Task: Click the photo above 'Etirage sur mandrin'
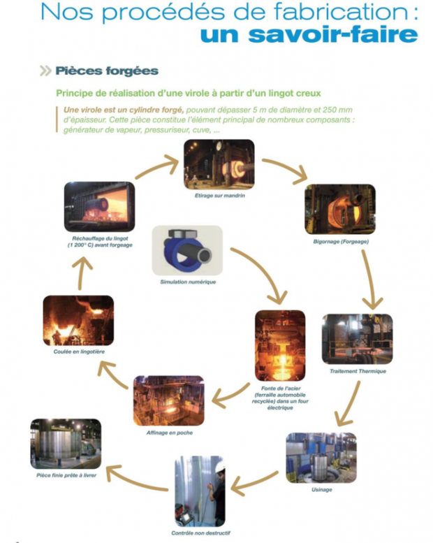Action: coord(219,164)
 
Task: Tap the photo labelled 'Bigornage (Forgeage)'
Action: coord(339,208)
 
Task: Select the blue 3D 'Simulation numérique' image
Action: coord(186,249)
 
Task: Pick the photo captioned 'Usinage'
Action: coord(321,457)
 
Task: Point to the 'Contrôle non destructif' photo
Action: coord(200,491)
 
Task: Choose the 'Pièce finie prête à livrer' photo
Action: coord(66,443)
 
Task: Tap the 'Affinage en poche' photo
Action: coord(169,400)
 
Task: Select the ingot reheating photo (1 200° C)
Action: coord(98,207)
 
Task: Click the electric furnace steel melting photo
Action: coord(279,345)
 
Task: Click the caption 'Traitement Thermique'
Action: coord(358,371)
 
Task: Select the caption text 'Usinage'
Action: coord(321,489)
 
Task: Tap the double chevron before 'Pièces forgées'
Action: coord(46,71)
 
